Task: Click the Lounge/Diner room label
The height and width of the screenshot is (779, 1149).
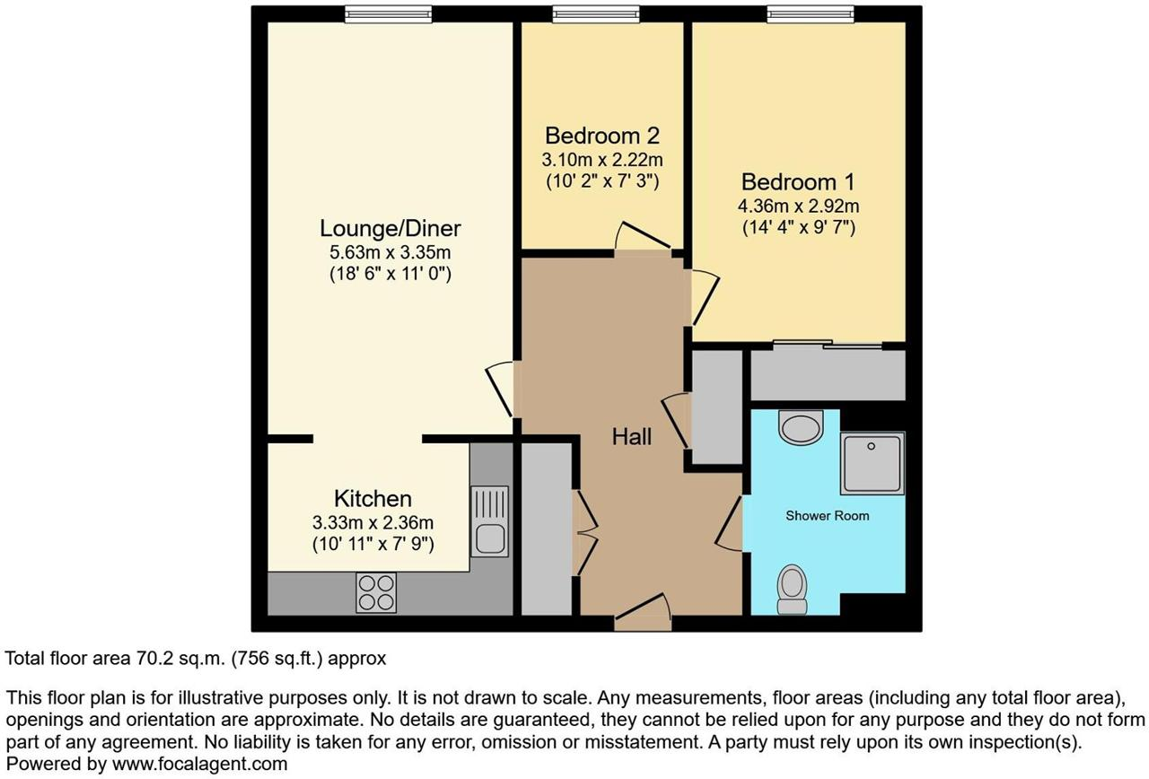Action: [390, 229]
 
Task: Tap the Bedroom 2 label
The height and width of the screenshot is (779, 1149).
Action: [601, 136]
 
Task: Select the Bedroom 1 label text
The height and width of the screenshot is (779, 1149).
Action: [798, 182]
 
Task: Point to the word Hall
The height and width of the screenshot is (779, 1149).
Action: [631, 436]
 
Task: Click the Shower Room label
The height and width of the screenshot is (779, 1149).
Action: [828, 515]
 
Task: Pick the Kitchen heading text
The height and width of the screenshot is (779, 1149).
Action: [373, 498]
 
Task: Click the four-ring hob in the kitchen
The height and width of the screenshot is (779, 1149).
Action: [376, 593]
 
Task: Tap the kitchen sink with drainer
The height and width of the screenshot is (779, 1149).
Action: [490, 521]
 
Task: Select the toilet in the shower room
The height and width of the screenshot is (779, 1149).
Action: [792, 590]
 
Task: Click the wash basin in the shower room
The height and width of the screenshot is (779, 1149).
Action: [801, 426]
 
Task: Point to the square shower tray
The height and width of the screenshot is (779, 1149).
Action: [872, 464]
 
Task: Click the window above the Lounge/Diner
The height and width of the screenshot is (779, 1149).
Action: [389, 14]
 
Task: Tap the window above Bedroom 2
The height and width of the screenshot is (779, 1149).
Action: [596, 14]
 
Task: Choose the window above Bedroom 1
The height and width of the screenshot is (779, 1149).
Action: [811, 14]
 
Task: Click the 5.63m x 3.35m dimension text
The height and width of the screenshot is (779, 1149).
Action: [390, 253]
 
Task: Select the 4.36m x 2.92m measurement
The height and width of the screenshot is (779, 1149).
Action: [798, 206]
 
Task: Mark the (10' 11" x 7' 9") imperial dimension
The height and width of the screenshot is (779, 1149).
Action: [373, 544]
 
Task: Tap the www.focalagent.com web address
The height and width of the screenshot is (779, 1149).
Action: [199, 764]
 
